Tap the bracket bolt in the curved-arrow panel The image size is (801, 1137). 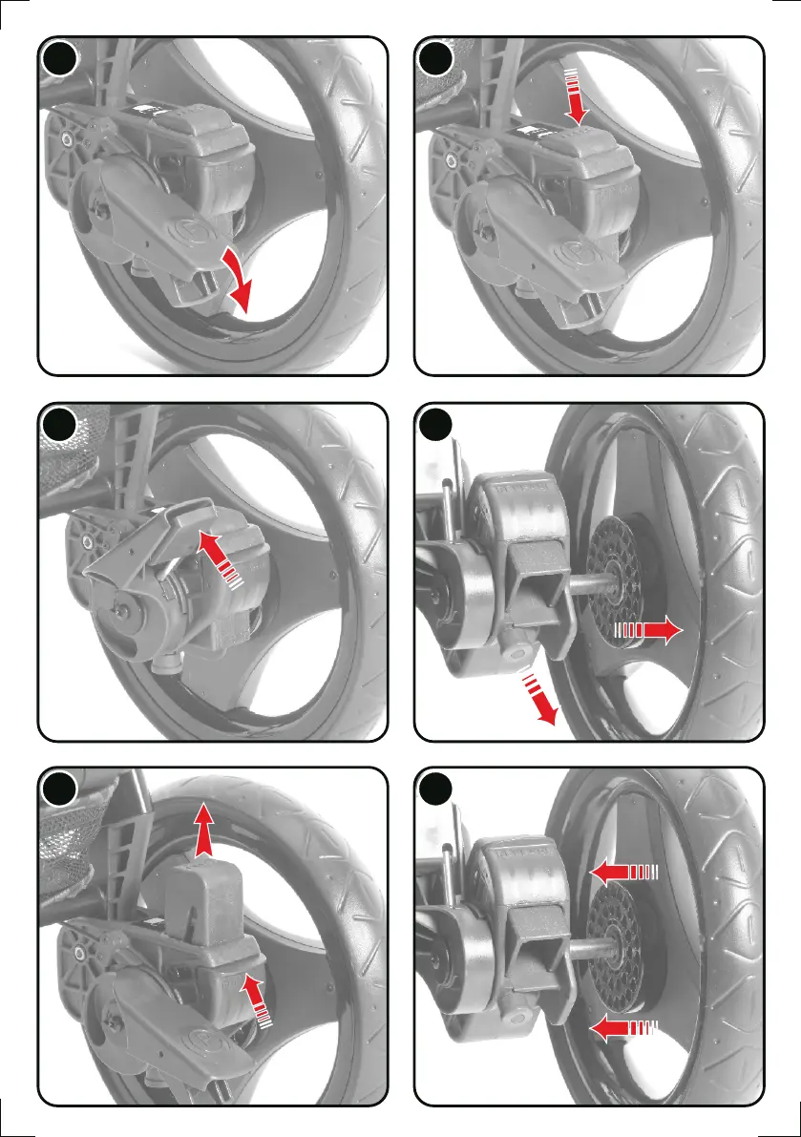tap(68, 139)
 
